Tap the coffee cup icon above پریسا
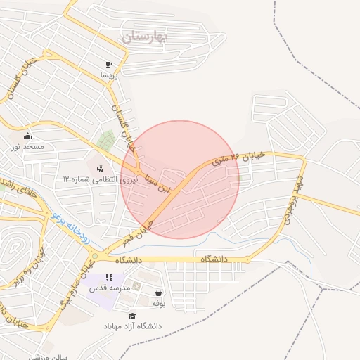(108, 63)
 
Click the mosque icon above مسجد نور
(27, 136)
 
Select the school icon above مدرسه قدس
(108, 278)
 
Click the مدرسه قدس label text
(109, 288)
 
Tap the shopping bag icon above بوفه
(159, 292)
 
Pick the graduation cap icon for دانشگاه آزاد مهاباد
(132, 316)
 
